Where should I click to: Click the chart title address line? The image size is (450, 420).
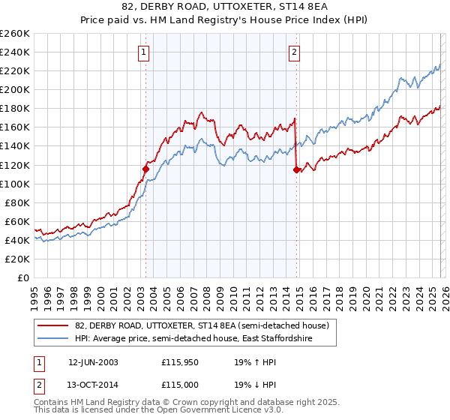click(x=224, y=7)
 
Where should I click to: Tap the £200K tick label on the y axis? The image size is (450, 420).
click(x=15, y=89)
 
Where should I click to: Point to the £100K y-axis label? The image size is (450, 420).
click(x=15, y=184)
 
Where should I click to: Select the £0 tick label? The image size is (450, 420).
click(x=23, y=277)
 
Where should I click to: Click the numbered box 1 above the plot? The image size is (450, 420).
click(x=143, y=52)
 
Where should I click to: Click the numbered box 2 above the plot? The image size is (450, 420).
click(x=294, y=52)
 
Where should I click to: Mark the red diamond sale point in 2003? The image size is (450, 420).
click(x=145, y=169)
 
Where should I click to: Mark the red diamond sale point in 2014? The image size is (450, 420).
click(x=296, y=169)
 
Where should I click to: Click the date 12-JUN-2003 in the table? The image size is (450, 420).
click(x=93, y=361)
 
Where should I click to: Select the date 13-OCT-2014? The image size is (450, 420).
click(x=93, y=385)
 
